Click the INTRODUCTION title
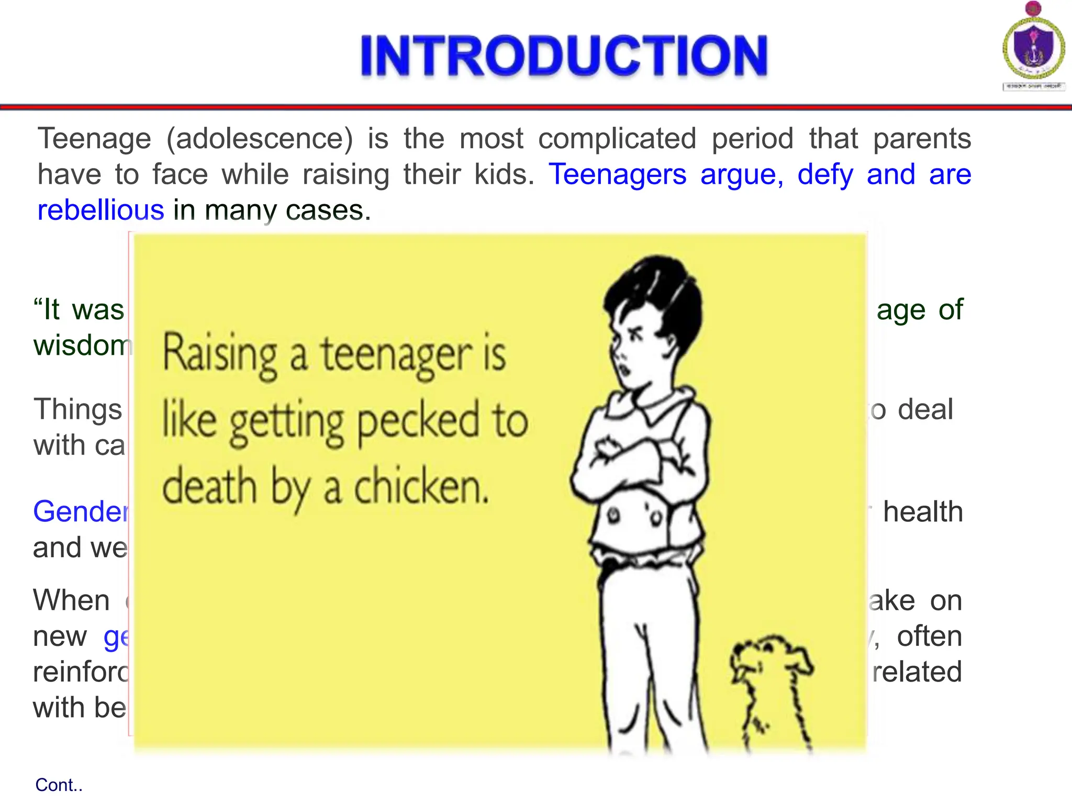[x=564, y=56]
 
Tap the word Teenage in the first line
[x=95, y=139]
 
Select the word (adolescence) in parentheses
[x=260, y=139]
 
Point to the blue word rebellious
[x=101, y=210]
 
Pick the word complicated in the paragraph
[x=617, y=139]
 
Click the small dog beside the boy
[x=769, y=691]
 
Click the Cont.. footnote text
[x=59, y=785]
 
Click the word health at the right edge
[x=923, y=511]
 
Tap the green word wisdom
[x=82, y=345]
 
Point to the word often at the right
[x=929, y=636]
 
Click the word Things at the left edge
[x=78, y=409]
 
